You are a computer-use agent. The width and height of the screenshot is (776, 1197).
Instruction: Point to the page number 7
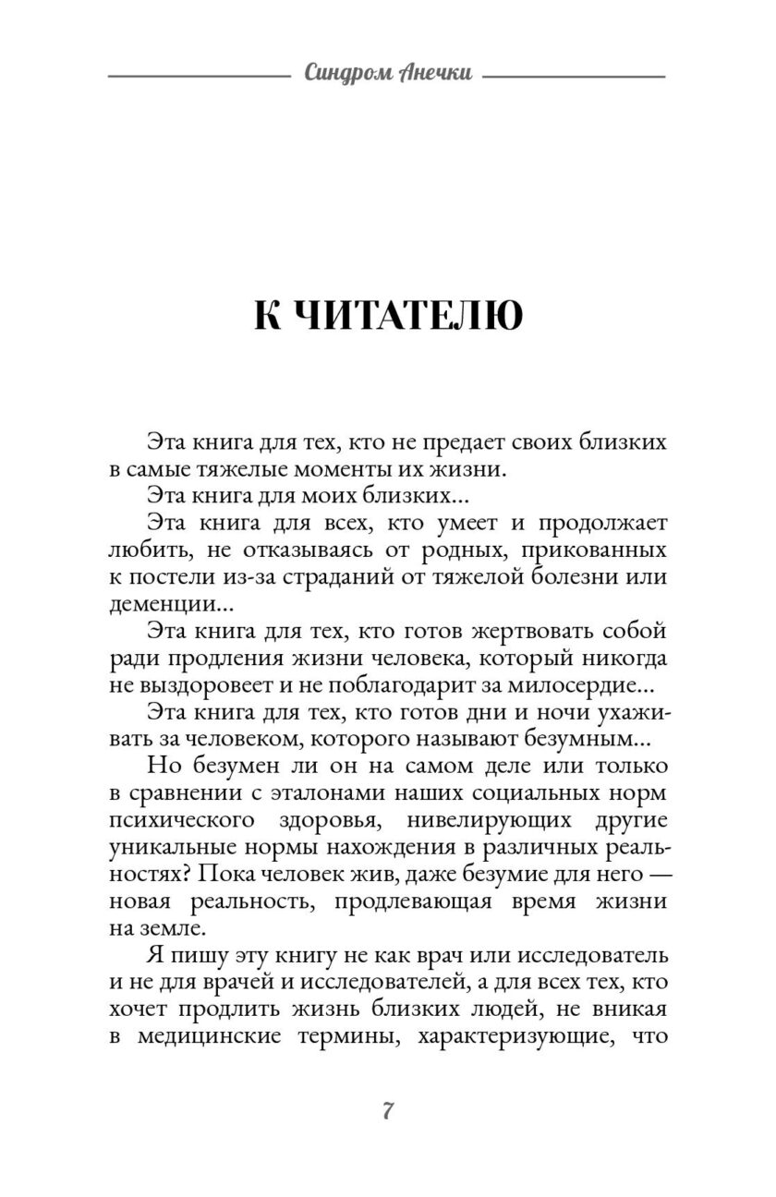[388, 1110]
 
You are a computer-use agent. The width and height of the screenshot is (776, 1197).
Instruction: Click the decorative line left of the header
[199, 75]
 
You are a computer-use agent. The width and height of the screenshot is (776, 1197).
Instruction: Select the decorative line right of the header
[574, 75]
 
